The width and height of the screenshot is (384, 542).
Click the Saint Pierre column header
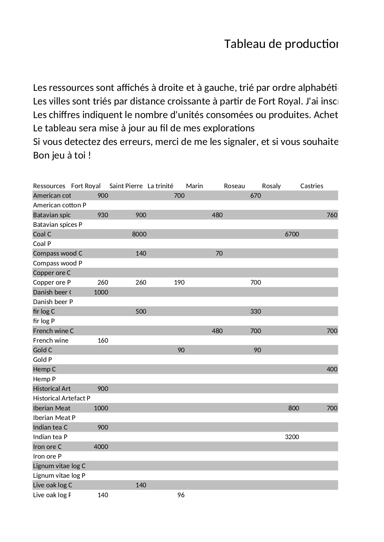[126, 186]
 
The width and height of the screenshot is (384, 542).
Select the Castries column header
[312, 186]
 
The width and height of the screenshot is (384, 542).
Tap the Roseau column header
[234, 186]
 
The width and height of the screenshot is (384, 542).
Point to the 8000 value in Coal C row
[139, 234]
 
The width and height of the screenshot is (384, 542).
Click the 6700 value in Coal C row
[292, 234]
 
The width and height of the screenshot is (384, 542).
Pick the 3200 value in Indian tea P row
[292, 437]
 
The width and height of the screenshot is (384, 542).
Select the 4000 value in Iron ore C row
[101, 447]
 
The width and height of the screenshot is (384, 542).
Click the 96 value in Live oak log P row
[181, 495]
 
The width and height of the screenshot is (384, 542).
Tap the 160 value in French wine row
[103, 341]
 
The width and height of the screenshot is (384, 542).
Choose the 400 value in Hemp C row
[332, 369]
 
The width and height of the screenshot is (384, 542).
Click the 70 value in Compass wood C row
[219, 253]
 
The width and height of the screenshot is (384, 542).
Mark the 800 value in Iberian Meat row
[294, 408]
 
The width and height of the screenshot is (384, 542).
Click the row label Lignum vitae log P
[59, 476]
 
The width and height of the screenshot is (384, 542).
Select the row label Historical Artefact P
[62, 398]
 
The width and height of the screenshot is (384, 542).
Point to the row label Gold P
[42, 360]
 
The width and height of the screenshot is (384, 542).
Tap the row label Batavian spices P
[58, 225]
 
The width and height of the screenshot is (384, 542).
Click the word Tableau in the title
[244, 44]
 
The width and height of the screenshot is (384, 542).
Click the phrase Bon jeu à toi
[62, 155]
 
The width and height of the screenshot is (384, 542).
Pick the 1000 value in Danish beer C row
[101, 292]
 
